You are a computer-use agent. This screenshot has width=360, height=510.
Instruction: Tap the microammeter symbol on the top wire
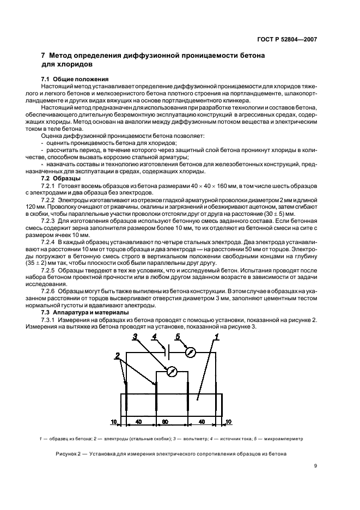190,352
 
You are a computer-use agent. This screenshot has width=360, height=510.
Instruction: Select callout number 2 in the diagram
117,356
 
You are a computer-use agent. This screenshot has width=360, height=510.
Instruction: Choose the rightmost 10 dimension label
228,422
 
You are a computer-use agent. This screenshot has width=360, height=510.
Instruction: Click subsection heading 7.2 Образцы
62,179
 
